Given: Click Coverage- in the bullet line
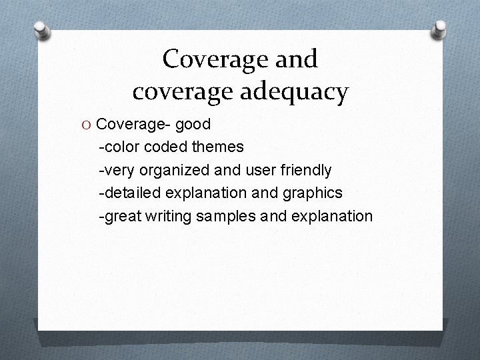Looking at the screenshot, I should pyautogui.click(x=131, y=124).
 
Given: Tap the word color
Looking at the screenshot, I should pyautogui.click(x=120, y=147).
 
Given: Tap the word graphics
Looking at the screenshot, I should pyautogui.click(x=313, y=193).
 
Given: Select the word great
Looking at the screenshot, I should pyautogui.click(x=121, y=217).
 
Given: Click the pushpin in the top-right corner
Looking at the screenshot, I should pyautogui.click(x=440, y=30).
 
